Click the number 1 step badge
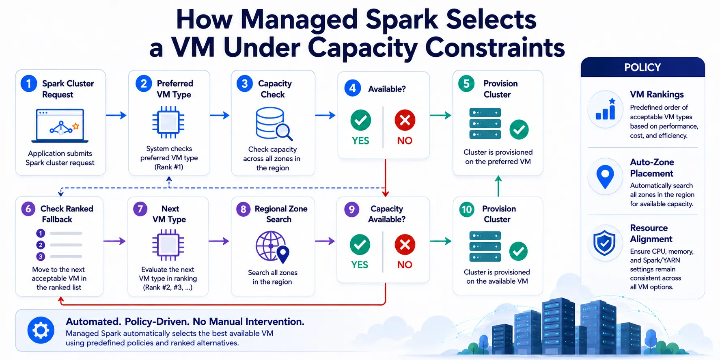[29, 84]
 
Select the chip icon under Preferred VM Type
[168, 122]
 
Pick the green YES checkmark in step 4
[360, 120]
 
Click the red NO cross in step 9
[405, 245]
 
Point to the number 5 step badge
[466, 84]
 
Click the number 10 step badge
[467, 209]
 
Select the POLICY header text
[642, 67]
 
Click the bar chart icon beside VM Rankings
[605, 109]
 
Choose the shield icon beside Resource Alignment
[605, 243]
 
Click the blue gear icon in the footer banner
[41, 330]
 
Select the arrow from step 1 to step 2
[116, 116]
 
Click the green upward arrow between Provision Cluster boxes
[498, 186]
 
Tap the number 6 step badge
[28, 209]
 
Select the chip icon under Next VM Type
[168, 245]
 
